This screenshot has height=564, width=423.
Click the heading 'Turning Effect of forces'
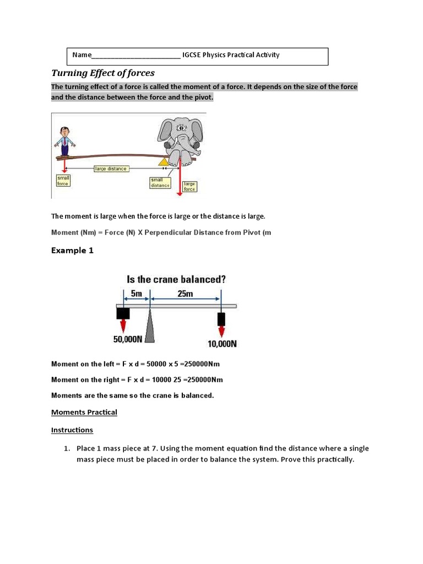tap(103, 73)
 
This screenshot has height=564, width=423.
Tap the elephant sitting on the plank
tap(181, 141)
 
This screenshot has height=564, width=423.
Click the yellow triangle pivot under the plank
tap(163, 162)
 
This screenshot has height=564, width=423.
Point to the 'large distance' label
tap(111, 169)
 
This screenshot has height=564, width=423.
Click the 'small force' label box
tap(63, 180)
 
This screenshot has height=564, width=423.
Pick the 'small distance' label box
tap(160, 182)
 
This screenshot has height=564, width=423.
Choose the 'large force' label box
tap(189, 186)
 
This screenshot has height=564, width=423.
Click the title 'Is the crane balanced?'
tap(176, 279)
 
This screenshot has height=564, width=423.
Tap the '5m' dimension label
tap(137, 294)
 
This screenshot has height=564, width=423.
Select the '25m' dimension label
tap(185, 294)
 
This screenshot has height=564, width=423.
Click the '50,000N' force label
tap(128, 340)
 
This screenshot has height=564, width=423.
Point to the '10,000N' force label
tap(222, 344)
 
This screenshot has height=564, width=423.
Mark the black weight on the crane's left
tap(123, 313)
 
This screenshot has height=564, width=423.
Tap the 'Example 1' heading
tap(72, 250)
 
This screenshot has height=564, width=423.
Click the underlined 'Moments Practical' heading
tap(84, 412)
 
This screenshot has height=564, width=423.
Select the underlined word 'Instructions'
tap(72, 430)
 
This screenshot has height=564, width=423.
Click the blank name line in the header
tap(135, 55)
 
